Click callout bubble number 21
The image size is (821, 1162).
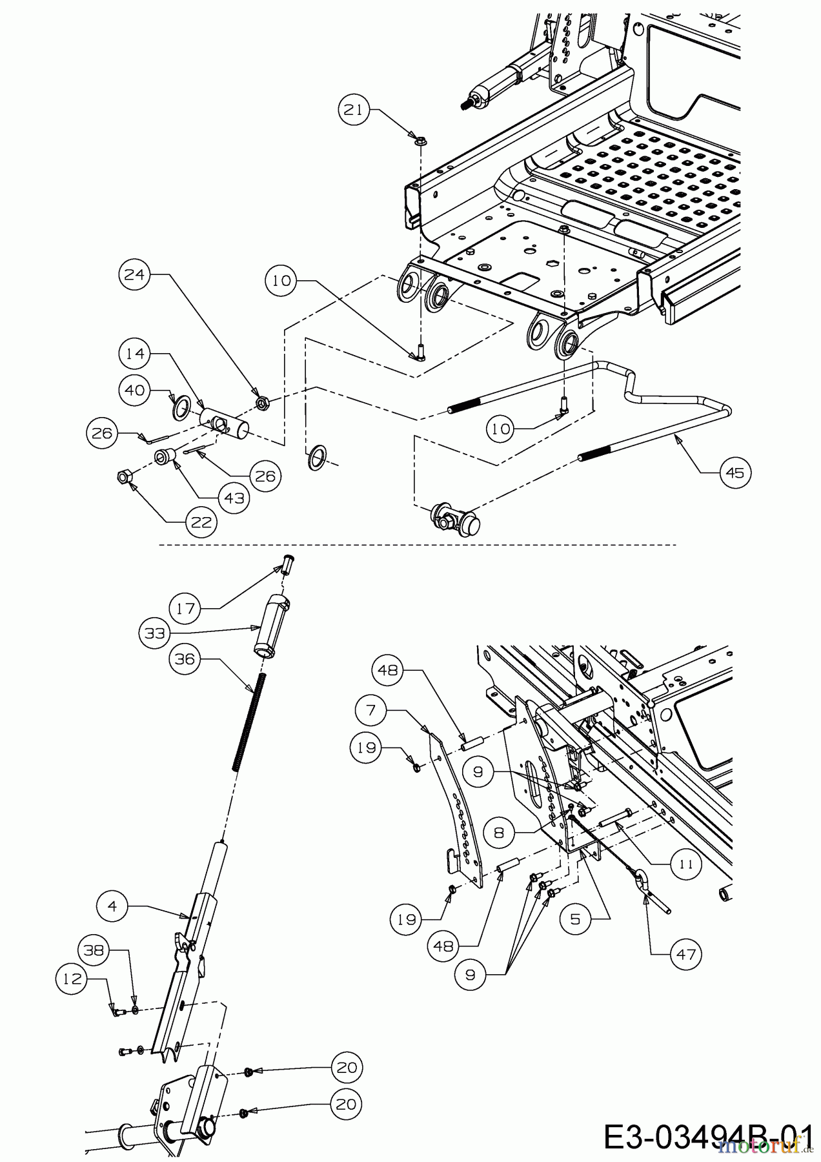point(353,110)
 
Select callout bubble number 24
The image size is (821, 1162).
point(134,274)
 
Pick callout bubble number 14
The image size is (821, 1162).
point(134,354)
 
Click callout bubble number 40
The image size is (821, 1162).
point(134,391)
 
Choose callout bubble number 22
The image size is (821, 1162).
point(201,522)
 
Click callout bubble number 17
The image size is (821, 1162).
point(185,607)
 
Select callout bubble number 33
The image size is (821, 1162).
point(154,634)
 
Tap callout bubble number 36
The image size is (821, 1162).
point(185,659)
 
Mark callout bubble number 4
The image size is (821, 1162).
point(113,906)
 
